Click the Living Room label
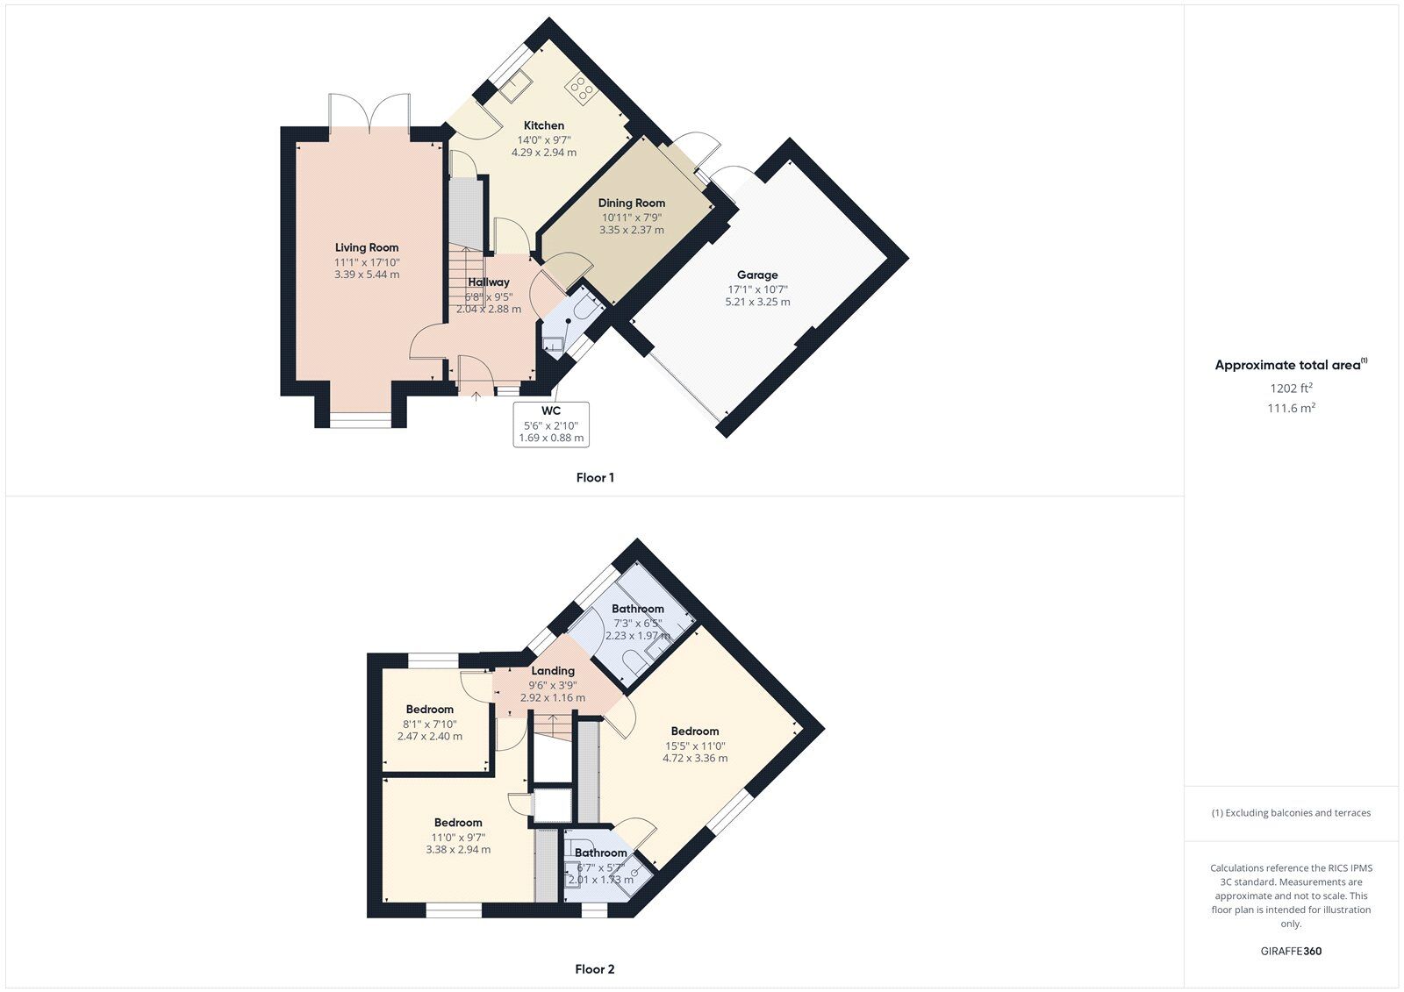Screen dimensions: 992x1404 click(x=367, y=247)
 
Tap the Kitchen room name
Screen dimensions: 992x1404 click(x=544, y=125)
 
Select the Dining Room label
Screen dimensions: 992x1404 click(x=632, y=203)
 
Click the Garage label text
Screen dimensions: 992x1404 click(x=757, y=275)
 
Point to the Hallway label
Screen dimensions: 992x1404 click(x=489, y=282)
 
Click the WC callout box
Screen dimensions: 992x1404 click(x=551, y=424)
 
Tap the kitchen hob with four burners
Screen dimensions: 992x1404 click(x=578, y=86)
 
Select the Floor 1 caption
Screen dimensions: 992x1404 click(x=595, y=477)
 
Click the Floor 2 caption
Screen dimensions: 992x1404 click(x=595, y=969)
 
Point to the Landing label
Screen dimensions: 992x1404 click(x=552, y=670)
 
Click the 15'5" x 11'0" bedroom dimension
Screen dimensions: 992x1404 click(x=695, y=745)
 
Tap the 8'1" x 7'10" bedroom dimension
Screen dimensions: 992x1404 click(x=430, y=724)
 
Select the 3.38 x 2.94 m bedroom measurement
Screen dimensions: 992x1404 click(x=458, y=849)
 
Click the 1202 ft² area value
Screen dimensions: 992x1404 click(x=1291, y=388)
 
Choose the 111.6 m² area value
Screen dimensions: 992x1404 click(x=1291, y=408)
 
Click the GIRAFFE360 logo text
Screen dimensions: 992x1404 click(x=1291, y=951)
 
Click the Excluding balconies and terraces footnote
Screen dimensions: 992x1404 click(x=1291, y=812)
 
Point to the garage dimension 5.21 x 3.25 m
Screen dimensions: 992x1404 click(x=757, y=302)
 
